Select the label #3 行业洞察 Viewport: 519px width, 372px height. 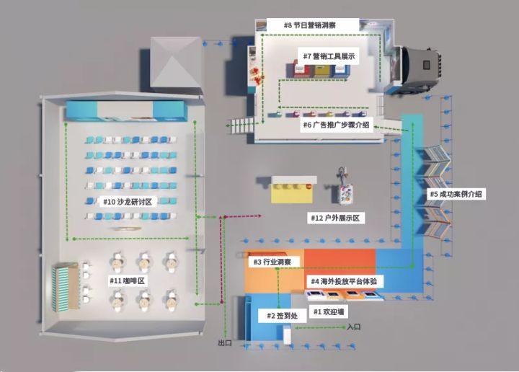point(271,262)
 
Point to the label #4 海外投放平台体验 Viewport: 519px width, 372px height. point(343,280)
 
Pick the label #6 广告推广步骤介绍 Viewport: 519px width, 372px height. point(336,125)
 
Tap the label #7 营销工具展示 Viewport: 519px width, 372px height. point(328,56)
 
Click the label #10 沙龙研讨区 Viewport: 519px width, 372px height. point(128,202)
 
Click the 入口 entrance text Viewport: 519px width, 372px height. point(353,327)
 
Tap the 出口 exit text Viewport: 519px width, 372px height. point(225,343)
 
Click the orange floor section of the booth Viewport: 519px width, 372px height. point(339,261)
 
